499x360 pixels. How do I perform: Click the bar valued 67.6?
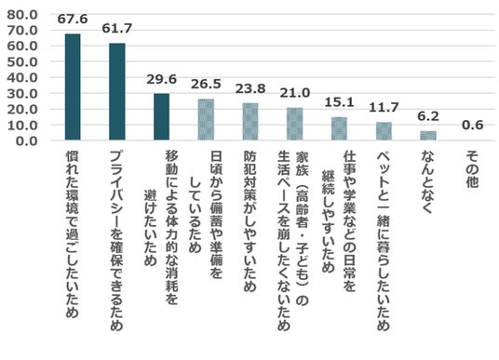pyautogui.click(x=73, y=87)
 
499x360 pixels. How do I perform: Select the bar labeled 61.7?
pyautogui.click(x=117, y=91)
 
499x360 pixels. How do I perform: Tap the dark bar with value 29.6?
pyautogui.click(x=161, y=116)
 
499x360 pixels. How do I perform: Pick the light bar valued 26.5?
pyautogui.click(x=206, y=119)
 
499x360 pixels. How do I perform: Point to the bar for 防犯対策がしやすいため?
pyautogui.click(x=250, y=122)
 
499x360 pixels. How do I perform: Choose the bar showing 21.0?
pyautogui.click(x=295, y=124)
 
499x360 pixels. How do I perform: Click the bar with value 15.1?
pyautogui.click(x=339, y=128)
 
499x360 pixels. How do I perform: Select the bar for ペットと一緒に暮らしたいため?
pyautogui.click(x=384, y=131)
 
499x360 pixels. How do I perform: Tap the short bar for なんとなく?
pyautogui.click(x=428, y=136)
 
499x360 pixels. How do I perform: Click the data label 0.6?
pyautogui.click(x=473, y=125)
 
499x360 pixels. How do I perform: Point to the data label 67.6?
pyautogui.click(x=73, y=19)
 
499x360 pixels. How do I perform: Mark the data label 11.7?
pyautogui.click(x=384, y=107)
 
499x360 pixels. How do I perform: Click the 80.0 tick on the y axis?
pyautogui.click(x=22, y=15)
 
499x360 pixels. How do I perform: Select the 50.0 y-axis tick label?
pyautogui.click(x=22, y=61)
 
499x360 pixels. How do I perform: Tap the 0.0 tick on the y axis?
pyautogui.click(x=27, y=140)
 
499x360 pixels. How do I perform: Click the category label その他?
pyautogui.click(x=473, y=169)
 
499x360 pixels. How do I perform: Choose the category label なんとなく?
pyautogui.click(x=427, y=182)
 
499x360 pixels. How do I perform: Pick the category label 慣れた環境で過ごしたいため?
pyautogui.click(x=73, y=234)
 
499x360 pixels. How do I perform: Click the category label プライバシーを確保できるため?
pyautogui.click(x=116, y=240)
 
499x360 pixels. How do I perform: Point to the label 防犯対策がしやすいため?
pyautogui.click(x=250, y=221)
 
